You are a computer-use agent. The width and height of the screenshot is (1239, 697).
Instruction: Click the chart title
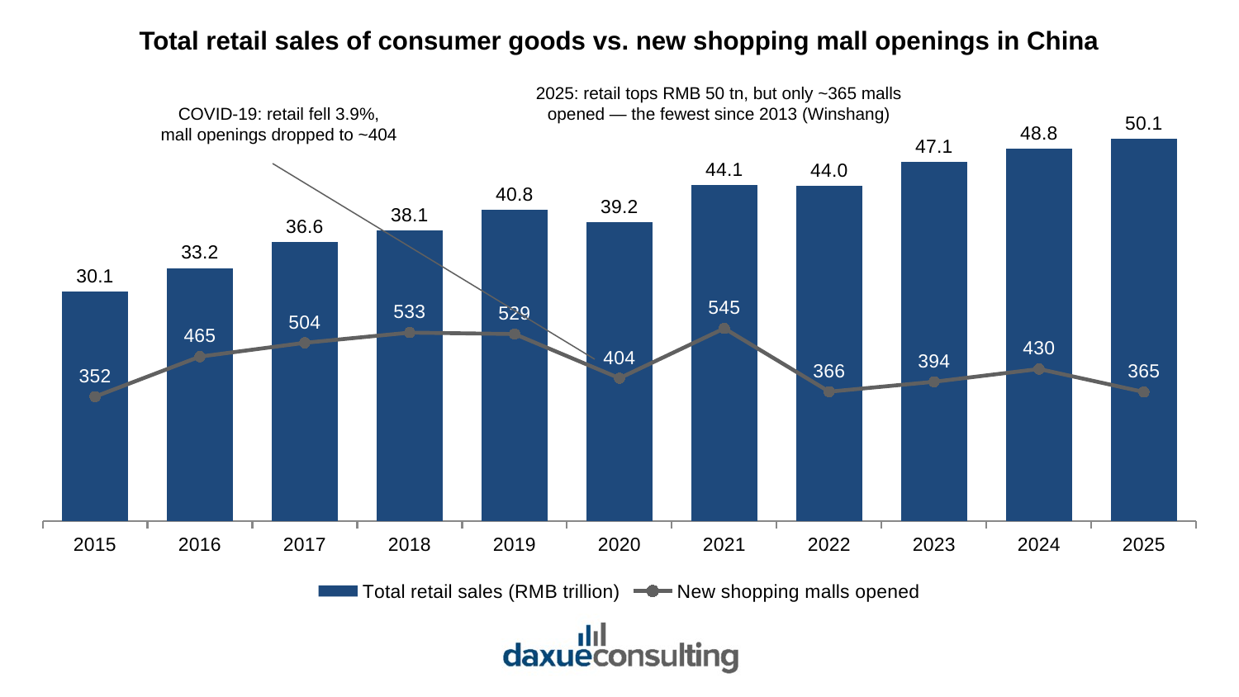619,41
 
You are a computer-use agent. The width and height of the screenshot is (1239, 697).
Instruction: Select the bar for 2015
95,406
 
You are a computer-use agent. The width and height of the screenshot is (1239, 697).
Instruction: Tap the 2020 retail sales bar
619,372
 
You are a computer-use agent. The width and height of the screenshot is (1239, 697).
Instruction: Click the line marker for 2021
724,330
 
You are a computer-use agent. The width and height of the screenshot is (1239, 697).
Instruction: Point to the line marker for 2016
200,357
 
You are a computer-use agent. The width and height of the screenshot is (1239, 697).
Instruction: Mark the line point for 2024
1039,369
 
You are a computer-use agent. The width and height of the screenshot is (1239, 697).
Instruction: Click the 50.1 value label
1143,123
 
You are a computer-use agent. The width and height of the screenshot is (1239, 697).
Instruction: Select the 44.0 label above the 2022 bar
828,170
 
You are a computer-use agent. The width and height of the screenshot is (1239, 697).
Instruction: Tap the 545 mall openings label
724,307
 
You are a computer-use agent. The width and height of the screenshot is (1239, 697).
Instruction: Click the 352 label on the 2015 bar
95,376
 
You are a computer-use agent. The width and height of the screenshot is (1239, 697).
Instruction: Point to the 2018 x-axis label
410,545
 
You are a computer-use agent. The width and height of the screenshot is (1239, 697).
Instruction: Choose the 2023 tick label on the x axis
933,545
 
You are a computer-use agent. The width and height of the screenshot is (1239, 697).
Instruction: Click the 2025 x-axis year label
1143,545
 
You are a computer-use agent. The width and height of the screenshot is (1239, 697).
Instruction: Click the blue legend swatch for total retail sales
338,591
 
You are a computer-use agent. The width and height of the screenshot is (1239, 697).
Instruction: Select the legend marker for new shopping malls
653,591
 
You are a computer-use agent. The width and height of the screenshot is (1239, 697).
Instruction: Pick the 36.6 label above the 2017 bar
304,227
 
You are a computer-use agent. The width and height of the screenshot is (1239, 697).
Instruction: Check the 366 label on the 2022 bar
828,371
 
